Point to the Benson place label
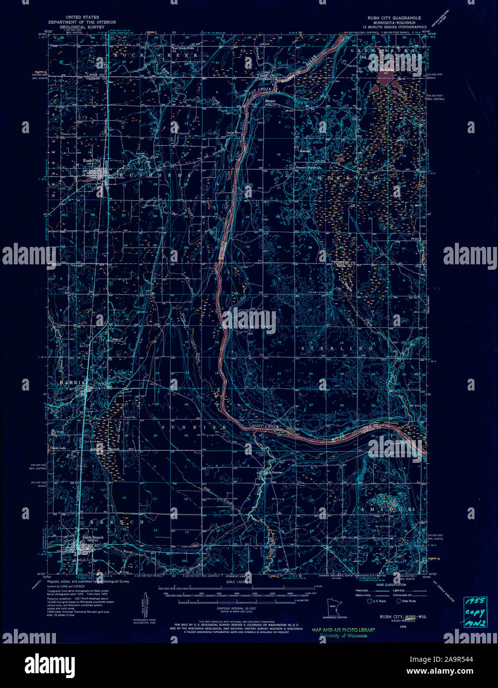(270, 101)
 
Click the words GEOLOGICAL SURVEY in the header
(79, 28)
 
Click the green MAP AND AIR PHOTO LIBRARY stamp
(343, 630)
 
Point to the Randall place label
(304, 151)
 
